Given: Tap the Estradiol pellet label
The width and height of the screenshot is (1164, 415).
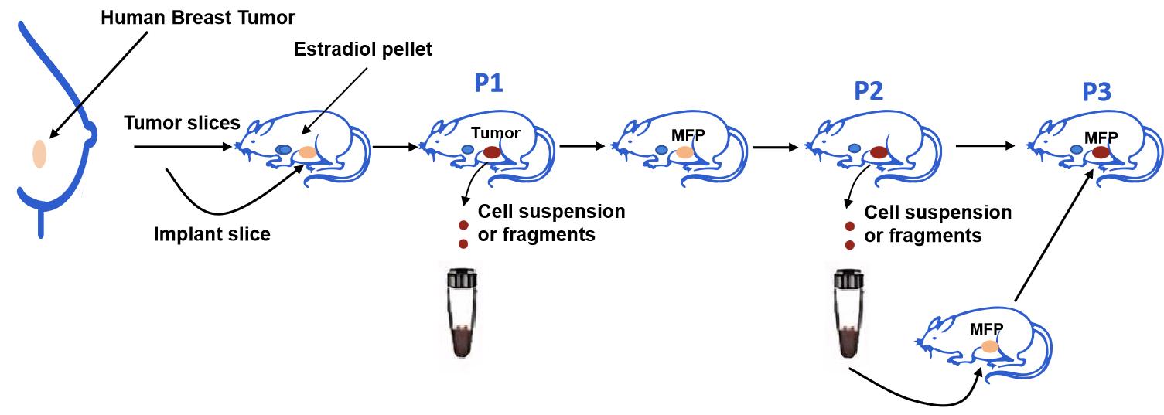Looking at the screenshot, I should point(363,49).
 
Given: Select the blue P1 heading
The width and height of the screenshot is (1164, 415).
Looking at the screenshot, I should point(489,82).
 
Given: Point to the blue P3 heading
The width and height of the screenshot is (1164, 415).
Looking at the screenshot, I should point(1097,93).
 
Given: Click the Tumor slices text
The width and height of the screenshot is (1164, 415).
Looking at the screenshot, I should point(182,123).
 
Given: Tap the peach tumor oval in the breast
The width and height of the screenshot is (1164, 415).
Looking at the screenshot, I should point(39,154).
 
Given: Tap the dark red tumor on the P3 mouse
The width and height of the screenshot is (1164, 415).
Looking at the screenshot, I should point(1101,153).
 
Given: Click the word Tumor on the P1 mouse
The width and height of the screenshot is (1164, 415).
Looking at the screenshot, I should point(496,133).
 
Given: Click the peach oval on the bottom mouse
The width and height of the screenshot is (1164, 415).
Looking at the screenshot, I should point(989,349).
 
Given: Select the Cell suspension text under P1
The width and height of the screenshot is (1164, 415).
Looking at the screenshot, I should point(551,211).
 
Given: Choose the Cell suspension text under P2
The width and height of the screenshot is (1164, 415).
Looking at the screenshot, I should point(937,212).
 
